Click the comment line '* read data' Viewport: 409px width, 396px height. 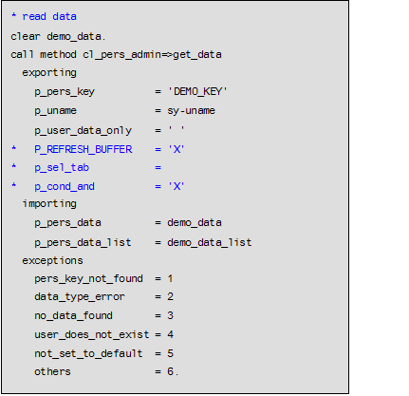click(45, 17)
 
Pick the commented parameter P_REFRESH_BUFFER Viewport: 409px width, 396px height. click(84, 148)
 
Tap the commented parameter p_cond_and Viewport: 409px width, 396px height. click(65, 185)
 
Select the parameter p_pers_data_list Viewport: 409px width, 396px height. click(84, 241)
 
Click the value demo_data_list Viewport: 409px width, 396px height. click(209, 241)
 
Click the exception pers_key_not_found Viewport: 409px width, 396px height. click(87, 278)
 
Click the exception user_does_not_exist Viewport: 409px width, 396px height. click(90, 334)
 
